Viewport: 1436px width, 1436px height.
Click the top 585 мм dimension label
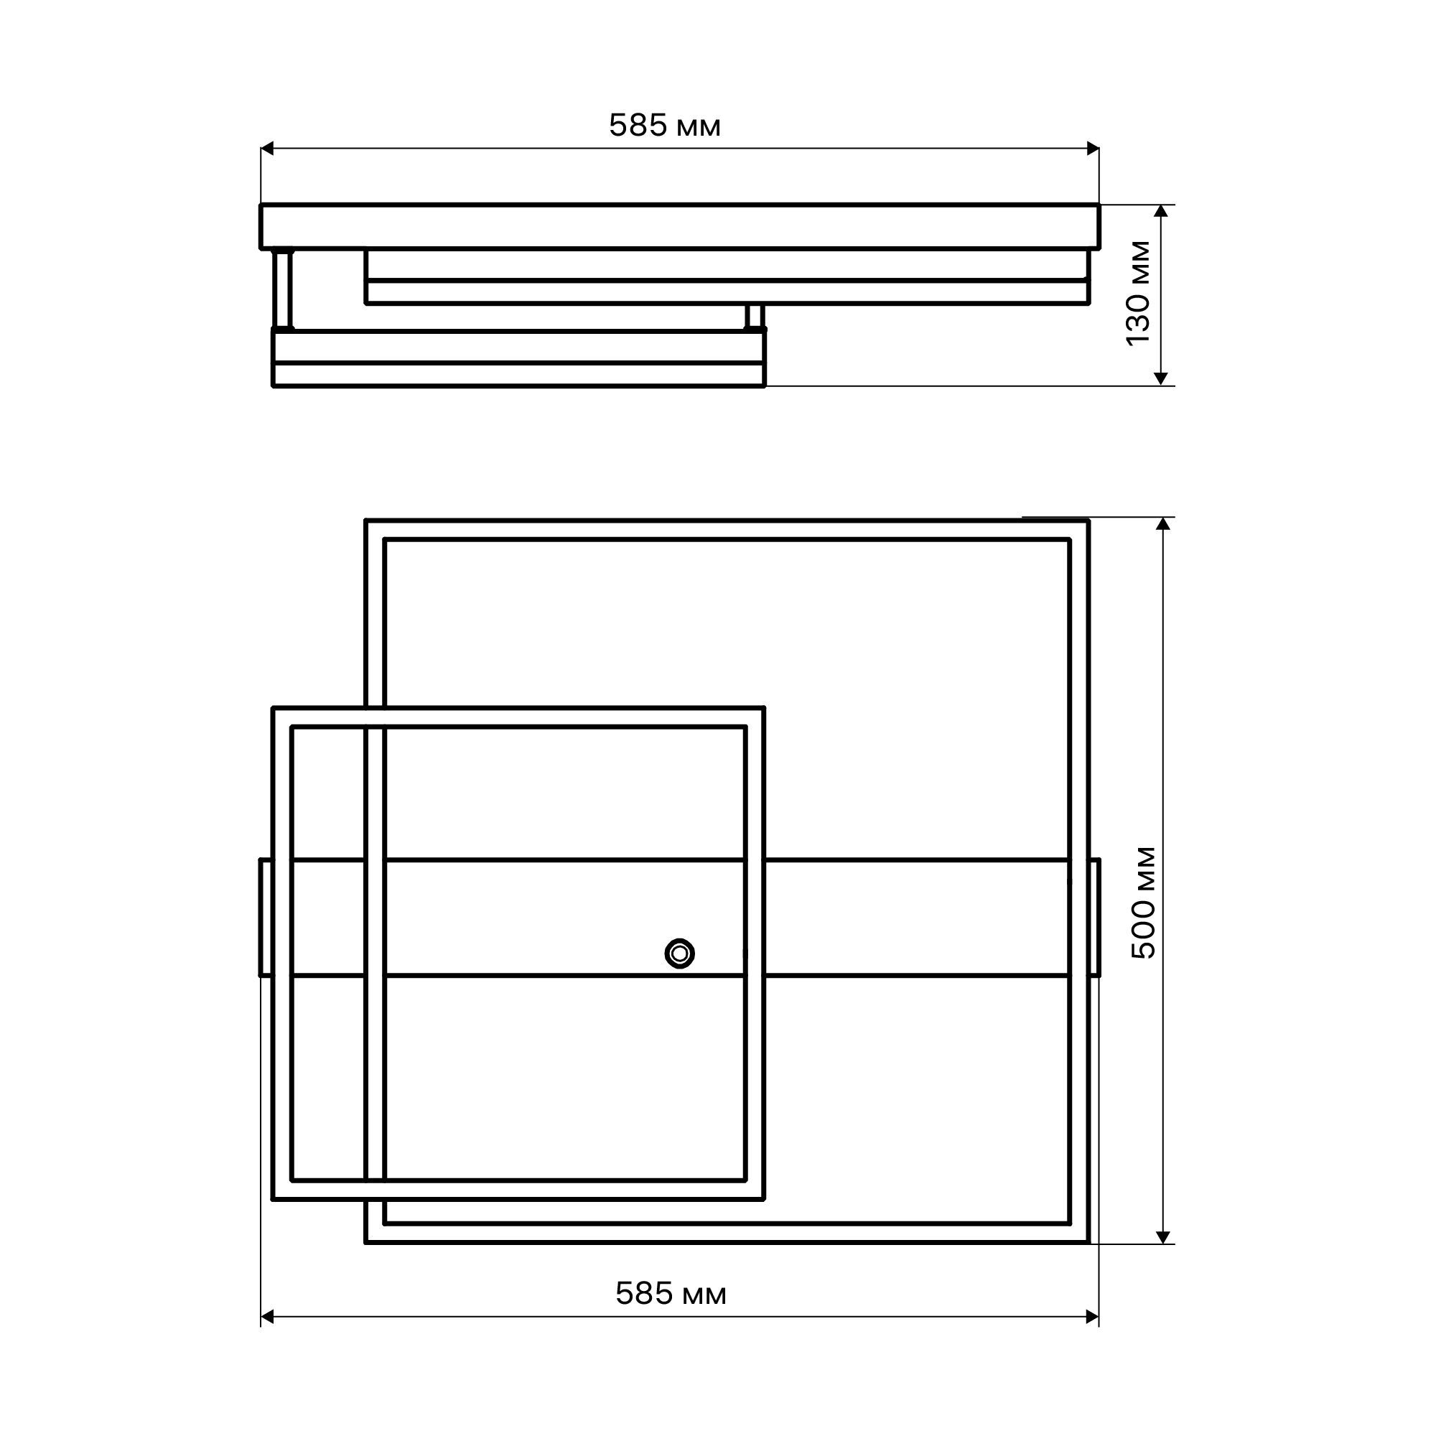[664, 126]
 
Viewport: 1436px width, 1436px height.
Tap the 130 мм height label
[1138, 294]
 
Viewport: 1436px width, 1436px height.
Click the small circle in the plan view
[679, 954]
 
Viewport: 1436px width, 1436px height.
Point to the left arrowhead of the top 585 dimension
[268, 149]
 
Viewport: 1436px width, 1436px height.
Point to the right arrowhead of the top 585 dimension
[1093, 149]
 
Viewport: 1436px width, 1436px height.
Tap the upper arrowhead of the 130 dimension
[1162, 211]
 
